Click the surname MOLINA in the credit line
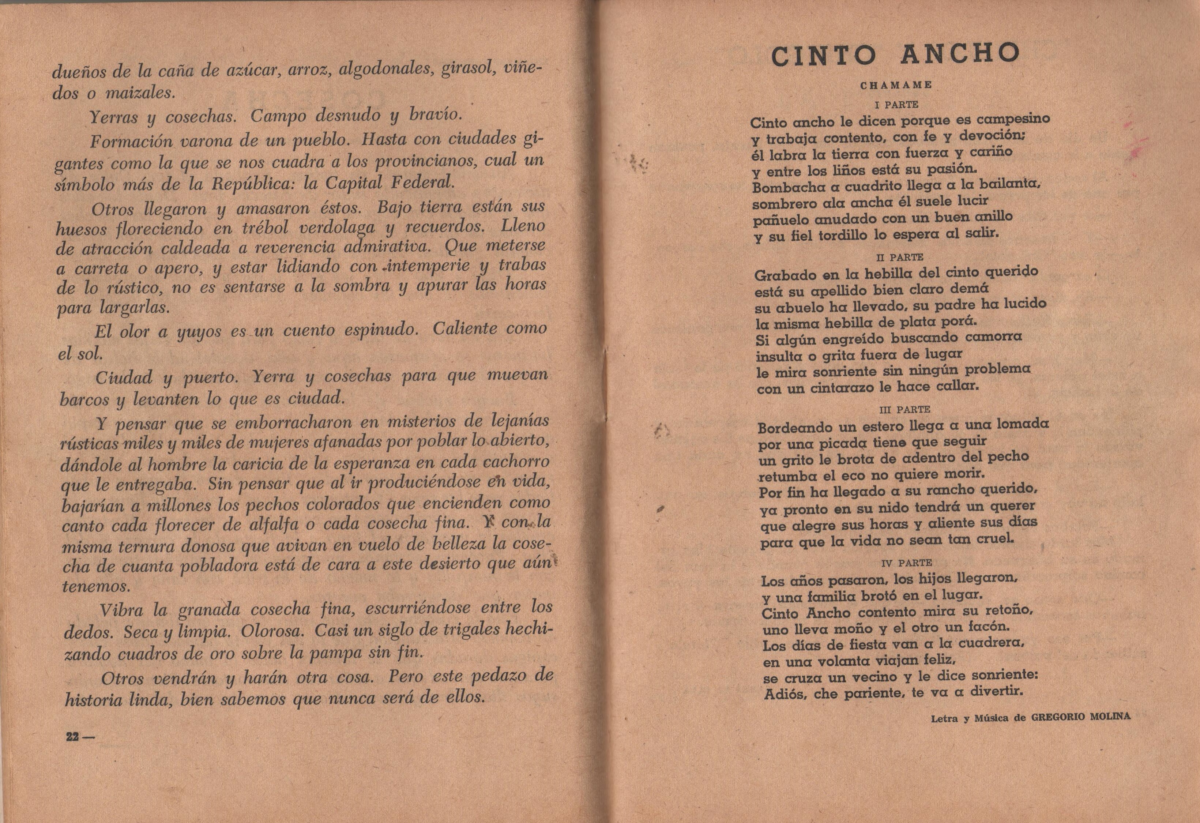1106,716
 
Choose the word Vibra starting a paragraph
121,610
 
